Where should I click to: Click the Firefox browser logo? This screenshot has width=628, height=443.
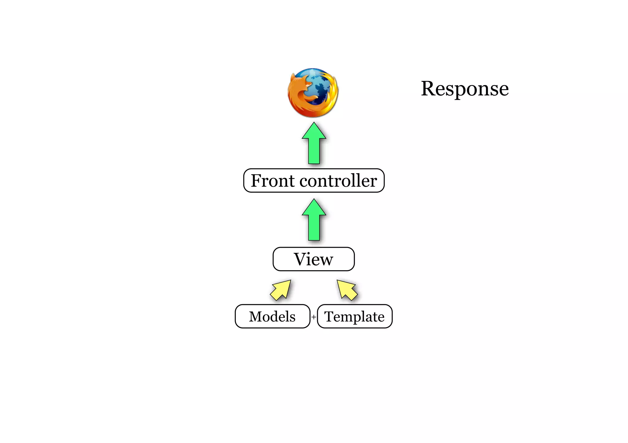point(313,92)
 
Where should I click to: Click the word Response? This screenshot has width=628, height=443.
point(465,89)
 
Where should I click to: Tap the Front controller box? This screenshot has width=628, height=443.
point(314,181)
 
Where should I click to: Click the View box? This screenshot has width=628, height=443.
point(314,259)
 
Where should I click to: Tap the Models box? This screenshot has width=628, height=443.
point(272,316)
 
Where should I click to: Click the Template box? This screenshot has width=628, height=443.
point(355,316)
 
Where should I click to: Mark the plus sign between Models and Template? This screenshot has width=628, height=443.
point(314,317)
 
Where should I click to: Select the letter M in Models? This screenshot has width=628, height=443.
point(257,317)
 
